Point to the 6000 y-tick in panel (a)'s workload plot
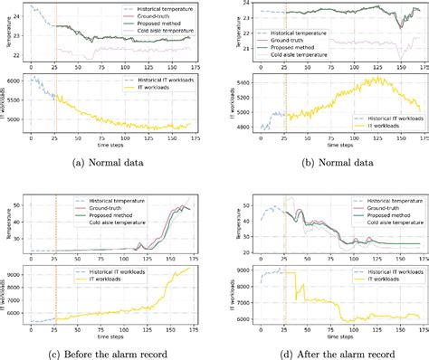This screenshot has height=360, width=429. pyautogui.click(x=15, y=82)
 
